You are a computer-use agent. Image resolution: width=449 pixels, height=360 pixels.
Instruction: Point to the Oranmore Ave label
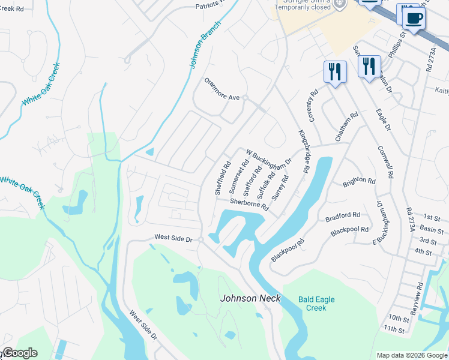tap(221, 97)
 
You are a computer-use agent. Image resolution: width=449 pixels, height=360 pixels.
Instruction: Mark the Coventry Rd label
tap(313, 104)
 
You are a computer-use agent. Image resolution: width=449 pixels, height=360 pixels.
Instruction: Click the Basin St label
tap(432, 229)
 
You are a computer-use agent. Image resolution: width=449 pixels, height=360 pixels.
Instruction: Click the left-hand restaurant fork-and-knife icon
tap(334, 71)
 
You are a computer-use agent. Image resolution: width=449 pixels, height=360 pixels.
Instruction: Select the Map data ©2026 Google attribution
tap(412, 355)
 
